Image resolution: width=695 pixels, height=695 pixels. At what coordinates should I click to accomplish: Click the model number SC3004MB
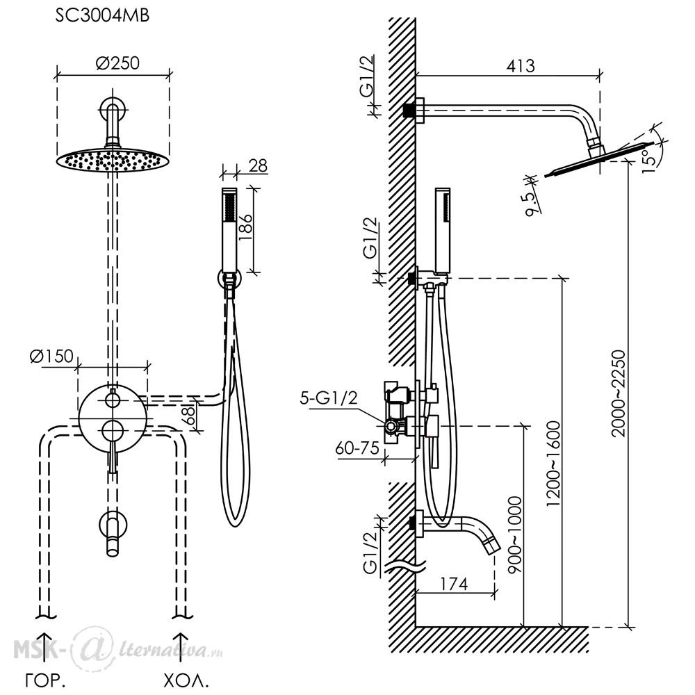(102, 16)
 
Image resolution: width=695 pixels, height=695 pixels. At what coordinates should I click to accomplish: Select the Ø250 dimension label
(117, 63)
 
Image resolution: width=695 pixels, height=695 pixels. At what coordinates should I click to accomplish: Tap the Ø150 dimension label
(51, 356)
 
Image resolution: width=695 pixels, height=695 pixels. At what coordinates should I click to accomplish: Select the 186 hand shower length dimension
(245, 227)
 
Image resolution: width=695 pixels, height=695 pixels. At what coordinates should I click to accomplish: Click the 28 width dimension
(258, 166)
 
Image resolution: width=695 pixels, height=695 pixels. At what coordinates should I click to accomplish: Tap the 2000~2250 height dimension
(618, 393)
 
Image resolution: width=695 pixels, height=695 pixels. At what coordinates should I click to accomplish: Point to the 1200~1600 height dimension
(554, 464)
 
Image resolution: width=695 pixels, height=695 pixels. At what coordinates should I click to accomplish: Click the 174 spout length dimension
(454, 584)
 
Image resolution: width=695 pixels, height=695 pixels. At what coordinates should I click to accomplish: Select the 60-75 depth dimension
(357, 448)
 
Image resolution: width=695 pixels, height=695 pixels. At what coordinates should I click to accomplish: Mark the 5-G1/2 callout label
(329, 398)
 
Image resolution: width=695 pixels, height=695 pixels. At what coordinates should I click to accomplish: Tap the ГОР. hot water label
(45, 680)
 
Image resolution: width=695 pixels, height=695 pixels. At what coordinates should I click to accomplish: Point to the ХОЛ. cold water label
(186, 680)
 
